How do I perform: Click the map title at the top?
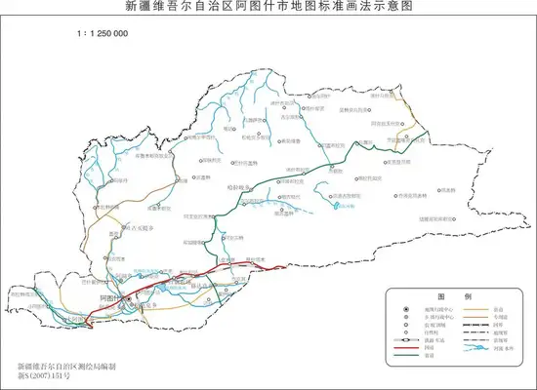[x=268, y=7]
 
